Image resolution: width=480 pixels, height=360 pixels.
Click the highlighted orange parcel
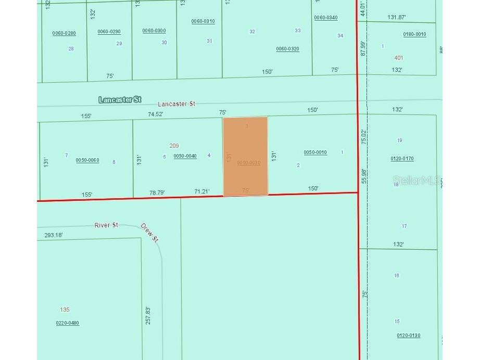[x=245, y=156]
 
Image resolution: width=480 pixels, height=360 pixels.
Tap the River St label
[x=106, y=225]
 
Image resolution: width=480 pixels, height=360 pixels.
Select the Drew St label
[x=149, y=232]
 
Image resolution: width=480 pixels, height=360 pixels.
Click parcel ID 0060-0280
[x=64, y=33]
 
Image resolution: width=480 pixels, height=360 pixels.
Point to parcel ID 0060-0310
[x=203, y=21]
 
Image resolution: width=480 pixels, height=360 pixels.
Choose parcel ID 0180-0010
[x=414, y=34]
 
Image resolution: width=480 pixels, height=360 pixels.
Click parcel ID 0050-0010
[x=315, y=152]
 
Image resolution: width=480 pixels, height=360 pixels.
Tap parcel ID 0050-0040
[x=185, y=156]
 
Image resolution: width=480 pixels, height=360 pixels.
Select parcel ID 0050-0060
[x=87, y=160]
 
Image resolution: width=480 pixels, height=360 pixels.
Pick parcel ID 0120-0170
[x=402, y=159]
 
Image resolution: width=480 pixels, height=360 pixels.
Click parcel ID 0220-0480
[x=68, y=323]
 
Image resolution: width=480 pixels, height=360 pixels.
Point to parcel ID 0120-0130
[x=408, y=336]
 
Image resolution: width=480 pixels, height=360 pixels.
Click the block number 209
[x=174, y=146]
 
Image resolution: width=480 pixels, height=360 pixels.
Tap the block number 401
[x=399, y=58]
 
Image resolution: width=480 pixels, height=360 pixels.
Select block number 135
[x=65, y=310]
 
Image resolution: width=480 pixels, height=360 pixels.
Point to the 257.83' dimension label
[x=148, y=315]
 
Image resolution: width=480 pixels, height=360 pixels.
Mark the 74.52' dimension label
[x=156, y=114]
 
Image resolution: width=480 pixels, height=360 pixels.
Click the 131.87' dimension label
[x=397, y=17]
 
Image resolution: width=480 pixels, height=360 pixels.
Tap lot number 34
[x=340, y=36]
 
